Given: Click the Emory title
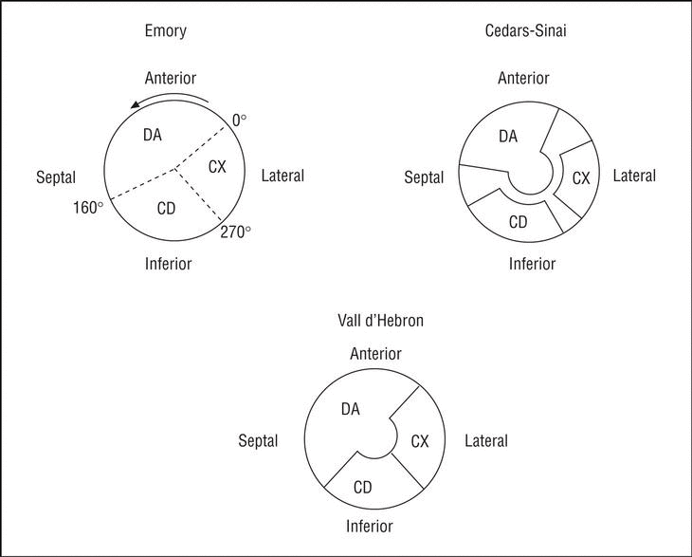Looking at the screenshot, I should click(167, 31).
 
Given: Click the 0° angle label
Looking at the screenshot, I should click(240, 121).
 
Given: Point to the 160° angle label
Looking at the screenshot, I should click(86, 206).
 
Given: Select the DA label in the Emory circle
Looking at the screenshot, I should click(153, 136).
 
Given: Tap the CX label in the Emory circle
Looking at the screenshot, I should click(217, 167).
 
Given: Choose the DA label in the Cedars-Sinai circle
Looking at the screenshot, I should click(508, 137).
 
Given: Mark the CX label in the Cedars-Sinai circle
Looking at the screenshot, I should click(581, 177).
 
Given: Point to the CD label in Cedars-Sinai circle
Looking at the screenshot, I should click(519, 223).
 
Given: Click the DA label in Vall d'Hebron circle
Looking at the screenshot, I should click(350, 409).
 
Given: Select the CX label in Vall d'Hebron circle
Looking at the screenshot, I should click(420, 440).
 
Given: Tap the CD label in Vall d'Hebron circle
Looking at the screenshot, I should click(362, 487).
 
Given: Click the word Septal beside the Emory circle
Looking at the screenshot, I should click(55, 177).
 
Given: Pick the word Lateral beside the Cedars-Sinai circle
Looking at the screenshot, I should click(634, 176).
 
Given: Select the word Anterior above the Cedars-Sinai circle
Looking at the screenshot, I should click(523, 78).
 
